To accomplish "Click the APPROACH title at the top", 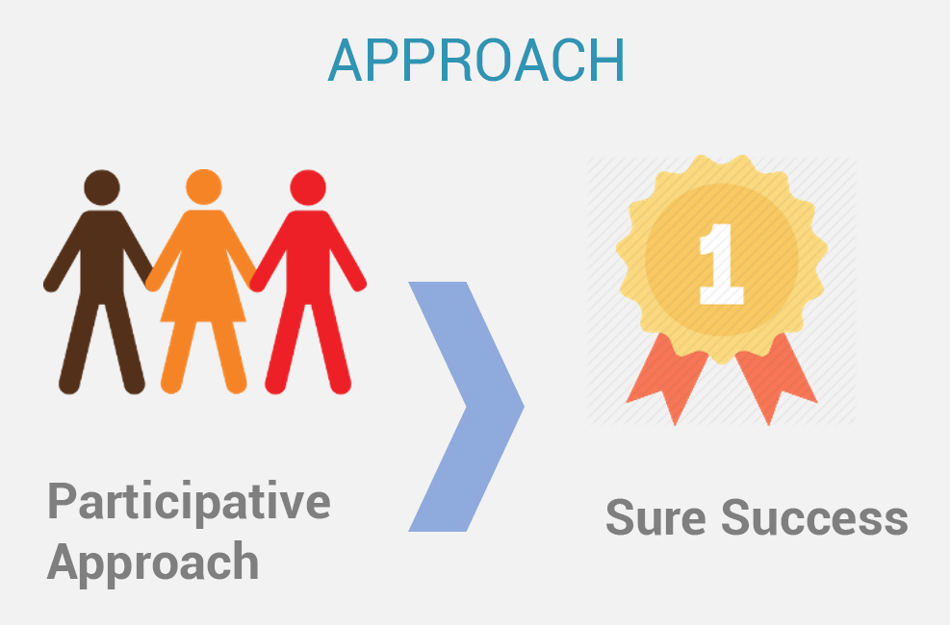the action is [x=476, y=61].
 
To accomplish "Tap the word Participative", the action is [x=189, y=502].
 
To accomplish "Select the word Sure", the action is [x=655, y=517].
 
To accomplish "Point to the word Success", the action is [x=814, y=517].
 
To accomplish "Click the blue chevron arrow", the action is [x=467, y=407].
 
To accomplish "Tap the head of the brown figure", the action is [x=102, y=187].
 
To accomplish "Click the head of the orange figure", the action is [x=204, y=187].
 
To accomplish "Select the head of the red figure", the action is [x=308, y=187].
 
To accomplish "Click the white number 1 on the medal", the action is [x=721, y=263].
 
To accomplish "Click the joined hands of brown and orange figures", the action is [x=151, y=282].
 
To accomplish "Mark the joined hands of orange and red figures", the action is [x=256, y=282].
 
